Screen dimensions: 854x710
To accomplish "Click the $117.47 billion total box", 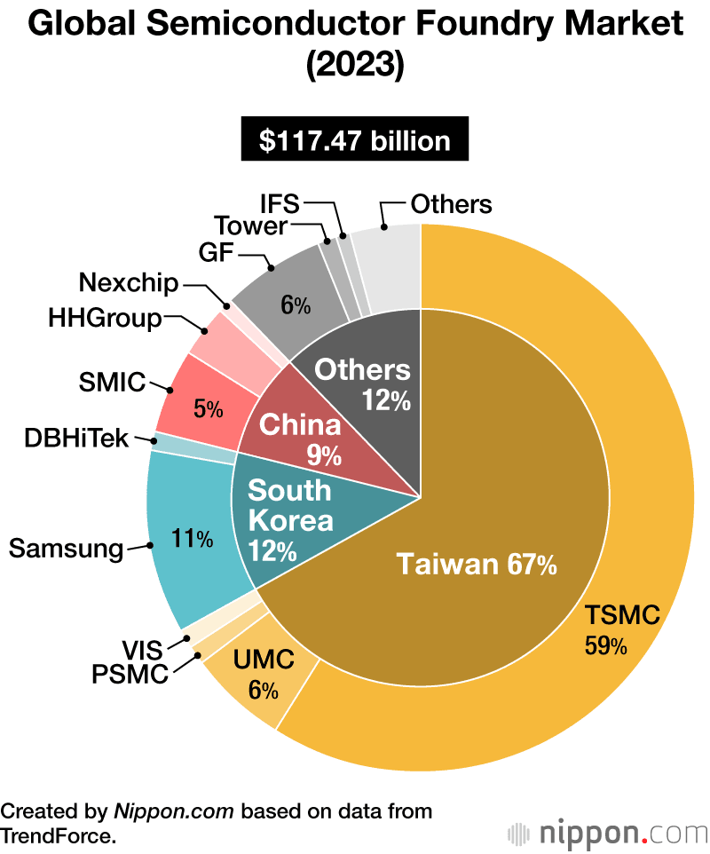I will (354, 141).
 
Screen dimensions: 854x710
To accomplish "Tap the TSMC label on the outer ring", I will (621, 614).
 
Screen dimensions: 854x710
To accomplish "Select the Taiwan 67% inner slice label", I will (476, 564).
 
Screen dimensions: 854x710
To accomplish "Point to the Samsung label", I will (66, 548).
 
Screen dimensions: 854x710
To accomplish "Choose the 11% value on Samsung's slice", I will (193, 537).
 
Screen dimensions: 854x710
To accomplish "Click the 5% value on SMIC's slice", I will (209, 409).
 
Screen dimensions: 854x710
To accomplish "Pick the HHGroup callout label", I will (105, 318).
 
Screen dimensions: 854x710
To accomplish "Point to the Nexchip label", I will (129, 283).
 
